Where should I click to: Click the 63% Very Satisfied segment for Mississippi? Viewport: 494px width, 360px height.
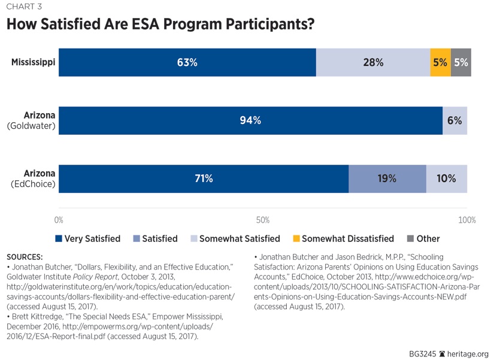pyautogui.click(x=187, y=62)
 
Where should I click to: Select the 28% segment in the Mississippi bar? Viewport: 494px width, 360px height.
pyautogui.click(x=373, y=62)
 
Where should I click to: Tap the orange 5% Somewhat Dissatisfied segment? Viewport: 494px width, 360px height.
pyautogui.click(x=440, y=62)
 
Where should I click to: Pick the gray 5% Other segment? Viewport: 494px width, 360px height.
pyautogui.click(x=461, y=62)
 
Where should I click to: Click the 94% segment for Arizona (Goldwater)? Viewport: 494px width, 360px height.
pyautogui.click(x=250, y=120)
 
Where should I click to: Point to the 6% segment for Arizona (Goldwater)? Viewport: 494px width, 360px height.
pyautogui.click(x=454, y=120)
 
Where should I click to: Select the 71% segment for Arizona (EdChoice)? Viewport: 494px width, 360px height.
pyautogui.click(x=204, y=179)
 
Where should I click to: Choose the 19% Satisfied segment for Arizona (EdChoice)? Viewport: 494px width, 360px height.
pyautogui.click(x=387, y=179)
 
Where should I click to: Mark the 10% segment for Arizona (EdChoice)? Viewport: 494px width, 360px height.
pyautogui.click(x=447, y=179)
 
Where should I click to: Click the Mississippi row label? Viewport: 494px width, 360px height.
pyautogui.click(x=33, y=62)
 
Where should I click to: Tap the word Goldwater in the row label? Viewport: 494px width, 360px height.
pyautogui.click(x=32, y=126)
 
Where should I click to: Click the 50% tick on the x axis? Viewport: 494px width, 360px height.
pyautogui.click(x=262, y=220)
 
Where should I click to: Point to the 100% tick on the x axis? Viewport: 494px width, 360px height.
pyautogui.click(x=466, y=220)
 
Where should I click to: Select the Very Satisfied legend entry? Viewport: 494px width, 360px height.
pyautogui.click(x=88, y=238)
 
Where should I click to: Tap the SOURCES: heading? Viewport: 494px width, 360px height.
pyautogui.click(x=25, y=256)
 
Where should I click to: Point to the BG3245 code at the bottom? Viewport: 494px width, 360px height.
pyautogui.click(x=422, y=353)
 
